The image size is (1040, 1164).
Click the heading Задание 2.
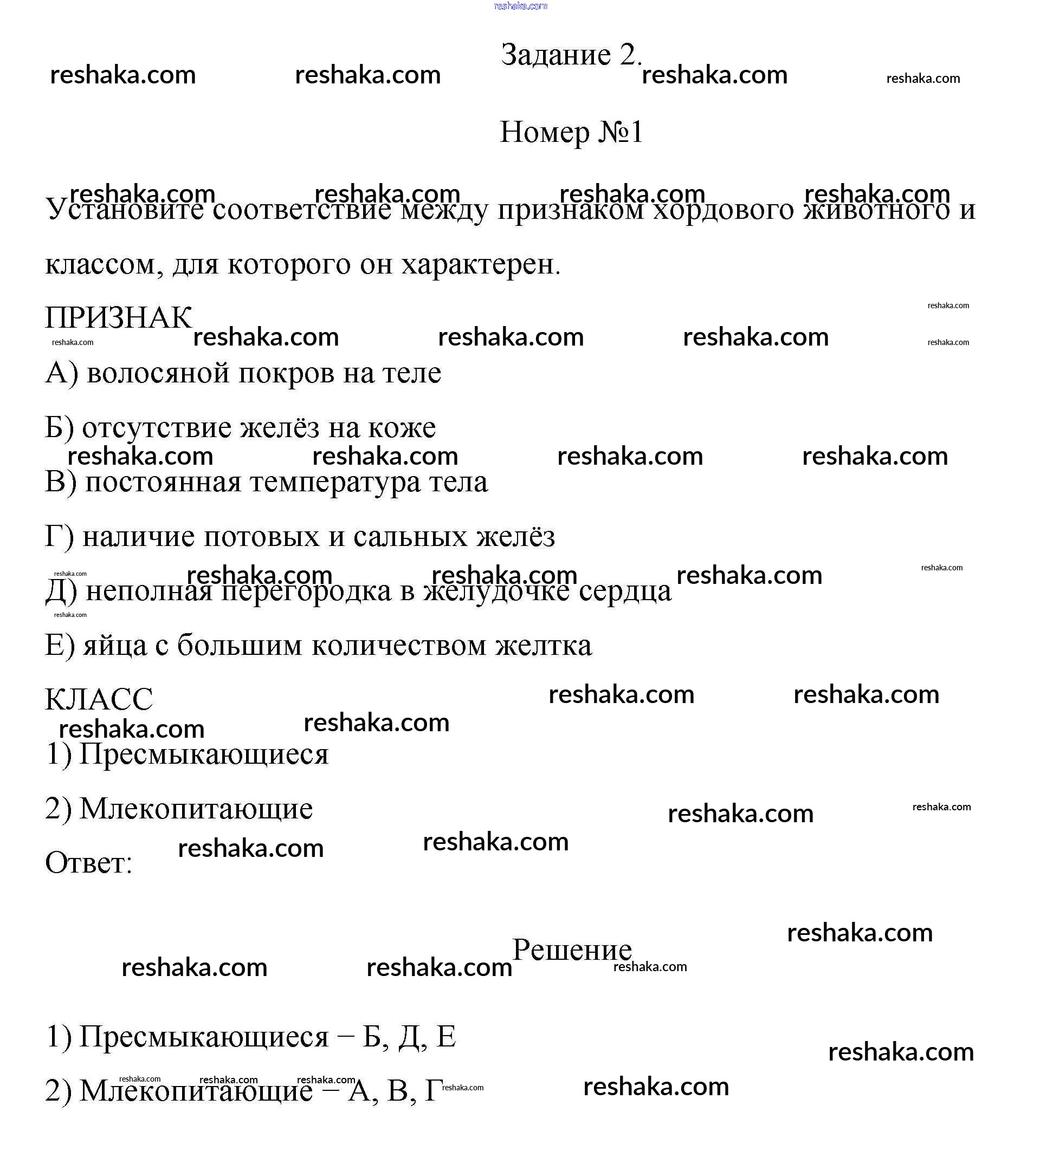click(x=571, y=55)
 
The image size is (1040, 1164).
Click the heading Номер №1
click(x=571, y=133)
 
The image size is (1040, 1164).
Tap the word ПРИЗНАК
click(x=118, y=317)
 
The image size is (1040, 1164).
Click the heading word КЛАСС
click(x=99, y=700)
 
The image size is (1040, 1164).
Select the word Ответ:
click(x=88, y=863)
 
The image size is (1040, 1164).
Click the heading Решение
click(x=571, y=951)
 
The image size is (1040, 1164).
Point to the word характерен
click(x=481, y=264)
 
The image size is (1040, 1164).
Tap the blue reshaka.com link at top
click(x=520, y=6)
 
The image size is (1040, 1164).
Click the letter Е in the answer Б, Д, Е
click(x=445, y=1037)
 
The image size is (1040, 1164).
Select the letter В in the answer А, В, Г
click(x=398, y=1091)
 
